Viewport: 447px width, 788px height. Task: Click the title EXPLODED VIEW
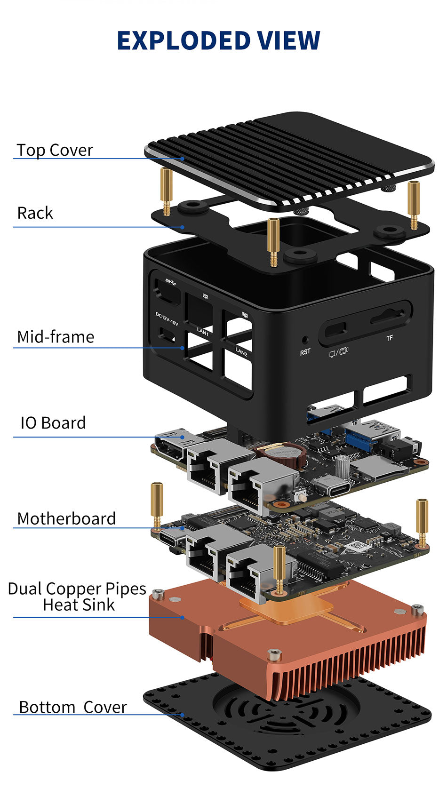pos(219,40)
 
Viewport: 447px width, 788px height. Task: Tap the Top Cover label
pos(55,150)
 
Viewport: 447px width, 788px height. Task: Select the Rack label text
pos(35,213)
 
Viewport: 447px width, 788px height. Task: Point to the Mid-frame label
pos(56,337)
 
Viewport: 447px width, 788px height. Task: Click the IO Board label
pos(53,423)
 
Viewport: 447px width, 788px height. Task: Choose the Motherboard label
pos(66,518)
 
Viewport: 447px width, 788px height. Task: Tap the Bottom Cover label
pos(73,707)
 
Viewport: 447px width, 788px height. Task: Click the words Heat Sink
pos(79,605)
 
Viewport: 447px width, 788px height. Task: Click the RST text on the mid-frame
pos(305,352)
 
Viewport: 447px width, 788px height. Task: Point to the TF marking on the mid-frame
pos(389,338)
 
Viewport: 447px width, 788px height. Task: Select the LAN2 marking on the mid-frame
pos(241,351)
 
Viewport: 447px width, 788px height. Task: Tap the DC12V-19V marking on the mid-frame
pos(167,318)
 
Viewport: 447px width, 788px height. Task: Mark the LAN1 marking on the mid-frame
pos(203,332)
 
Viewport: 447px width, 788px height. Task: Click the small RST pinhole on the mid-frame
pos(305,339)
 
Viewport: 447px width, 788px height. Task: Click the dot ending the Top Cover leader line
pos(183,159)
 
